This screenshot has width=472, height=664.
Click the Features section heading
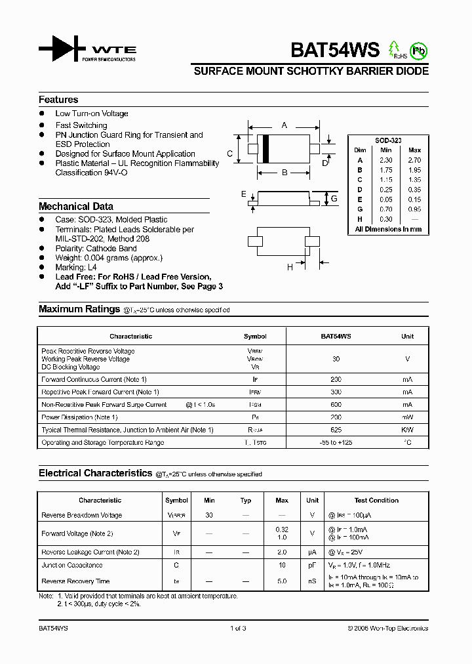(x=58, y=100)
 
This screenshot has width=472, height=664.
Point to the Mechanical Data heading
(x=75, y=206)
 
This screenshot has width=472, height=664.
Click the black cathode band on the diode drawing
(x=265, y=150)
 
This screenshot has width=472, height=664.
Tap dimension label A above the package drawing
(x=284, y=125)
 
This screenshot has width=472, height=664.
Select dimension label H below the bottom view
(x=289, y=266)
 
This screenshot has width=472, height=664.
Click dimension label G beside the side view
(x=333, y=198)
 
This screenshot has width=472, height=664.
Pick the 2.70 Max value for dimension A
(x=414, y=160)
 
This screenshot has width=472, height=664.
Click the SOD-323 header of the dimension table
(x=388, y=140)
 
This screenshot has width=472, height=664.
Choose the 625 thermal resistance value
(x=336, y=430)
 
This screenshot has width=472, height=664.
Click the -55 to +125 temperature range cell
(x=336, y=442)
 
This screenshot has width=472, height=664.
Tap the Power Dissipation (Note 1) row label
(x=79, y=417)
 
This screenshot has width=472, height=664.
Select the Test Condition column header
(x=376, y=500)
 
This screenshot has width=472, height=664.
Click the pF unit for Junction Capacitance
(x=313, y=565)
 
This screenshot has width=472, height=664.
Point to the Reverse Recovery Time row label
(x=75, y=581)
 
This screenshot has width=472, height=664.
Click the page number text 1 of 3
(x=237, y=628)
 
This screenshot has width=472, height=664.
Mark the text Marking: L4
(x=77, y=268)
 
